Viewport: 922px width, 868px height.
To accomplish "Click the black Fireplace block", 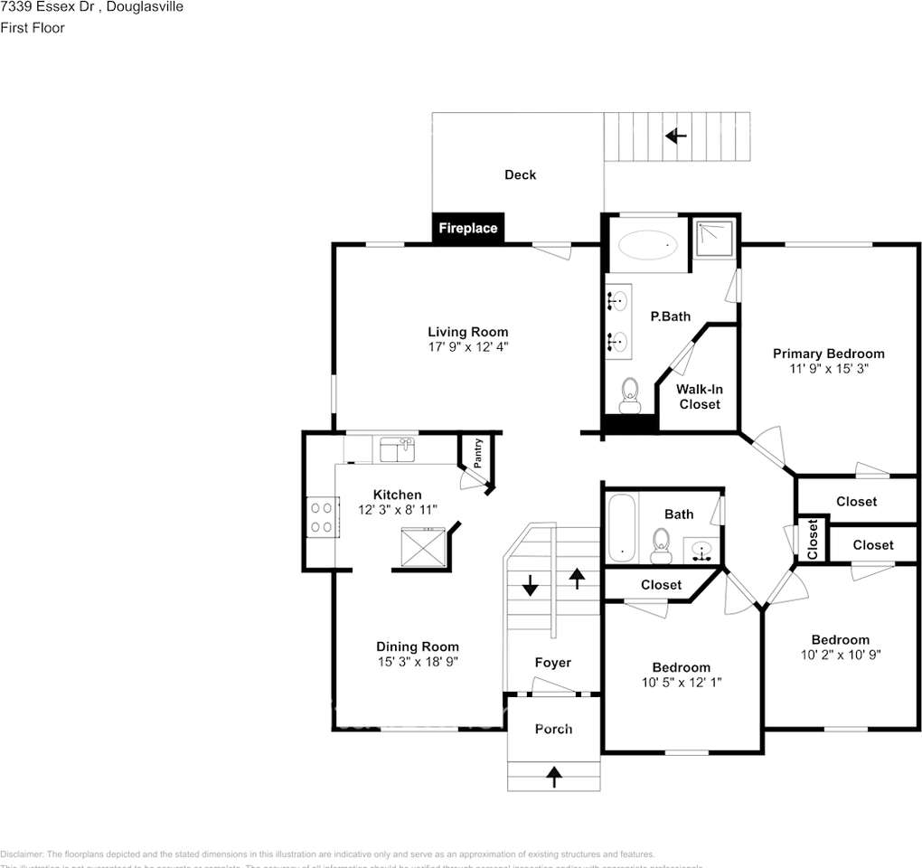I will coord(467,228).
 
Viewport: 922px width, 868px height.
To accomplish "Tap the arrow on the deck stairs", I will coord(675,137).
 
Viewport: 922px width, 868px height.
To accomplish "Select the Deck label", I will coord(520,175).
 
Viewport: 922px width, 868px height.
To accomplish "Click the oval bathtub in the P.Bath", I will coord(647,243).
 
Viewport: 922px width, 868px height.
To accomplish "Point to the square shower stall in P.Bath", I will coord(715,239).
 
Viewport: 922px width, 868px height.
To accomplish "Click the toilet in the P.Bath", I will coord(630,392).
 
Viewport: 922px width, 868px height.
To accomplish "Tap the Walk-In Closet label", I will coord(700,396).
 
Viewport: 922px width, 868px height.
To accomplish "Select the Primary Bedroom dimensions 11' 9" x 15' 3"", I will coord(828,369).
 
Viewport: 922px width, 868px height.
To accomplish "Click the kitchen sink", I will coord(397,448).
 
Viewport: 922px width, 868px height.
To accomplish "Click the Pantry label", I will coord(478,453).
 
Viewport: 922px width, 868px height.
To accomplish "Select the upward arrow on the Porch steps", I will coord(553,774).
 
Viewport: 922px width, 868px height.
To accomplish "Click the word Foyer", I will coord(552,663).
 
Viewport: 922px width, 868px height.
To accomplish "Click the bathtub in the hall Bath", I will coord(621,527).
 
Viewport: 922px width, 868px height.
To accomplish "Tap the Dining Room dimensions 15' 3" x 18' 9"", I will coord(418,662).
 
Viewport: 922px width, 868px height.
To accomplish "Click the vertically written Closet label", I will coord(812,538).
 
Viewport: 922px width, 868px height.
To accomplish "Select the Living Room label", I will coord(467,332).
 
